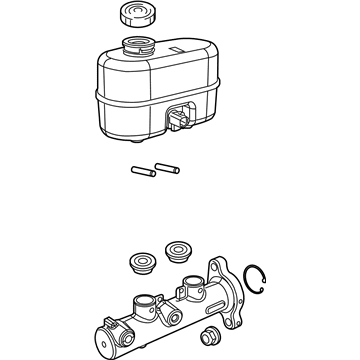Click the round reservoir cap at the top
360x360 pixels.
click(133, 16)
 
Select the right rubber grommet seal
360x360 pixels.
click(179, 250)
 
